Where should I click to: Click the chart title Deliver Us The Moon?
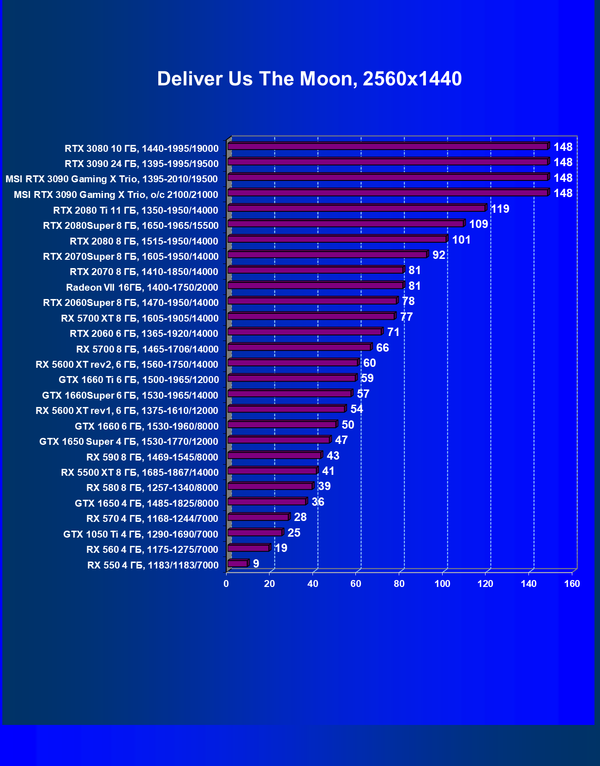tap(309, 79)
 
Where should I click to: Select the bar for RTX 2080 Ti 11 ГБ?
tap(356, 208)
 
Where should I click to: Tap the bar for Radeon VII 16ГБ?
tap(315, 286)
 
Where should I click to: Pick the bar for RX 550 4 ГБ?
tap(238, 563)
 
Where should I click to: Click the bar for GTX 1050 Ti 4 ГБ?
tap(255, 533)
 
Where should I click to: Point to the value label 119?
tap(500, 209)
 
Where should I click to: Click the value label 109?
tap(478, 224)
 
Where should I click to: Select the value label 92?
tap(438, 255)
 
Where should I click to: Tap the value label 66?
tap(382, 348)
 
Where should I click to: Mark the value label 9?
tap(256, 564)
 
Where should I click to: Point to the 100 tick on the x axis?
tap(442, 584)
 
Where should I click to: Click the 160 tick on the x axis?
tap(572, 584)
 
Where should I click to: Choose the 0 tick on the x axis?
tap(226, 584)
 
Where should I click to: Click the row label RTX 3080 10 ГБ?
tap(141, 149)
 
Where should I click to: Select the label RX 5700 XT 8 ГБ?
tap(139, 318)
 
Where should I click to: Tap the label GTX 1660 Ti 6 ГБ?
tap(138, 380)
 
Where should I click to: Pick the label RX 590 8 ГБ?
tap(152, 457)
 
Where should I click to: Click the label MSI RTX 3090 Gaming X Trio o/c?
tap(115, 195)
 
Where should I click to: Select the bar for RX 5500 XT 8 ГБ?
tap(272, 471)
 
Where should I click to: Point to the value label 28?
tap(300, 517)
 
